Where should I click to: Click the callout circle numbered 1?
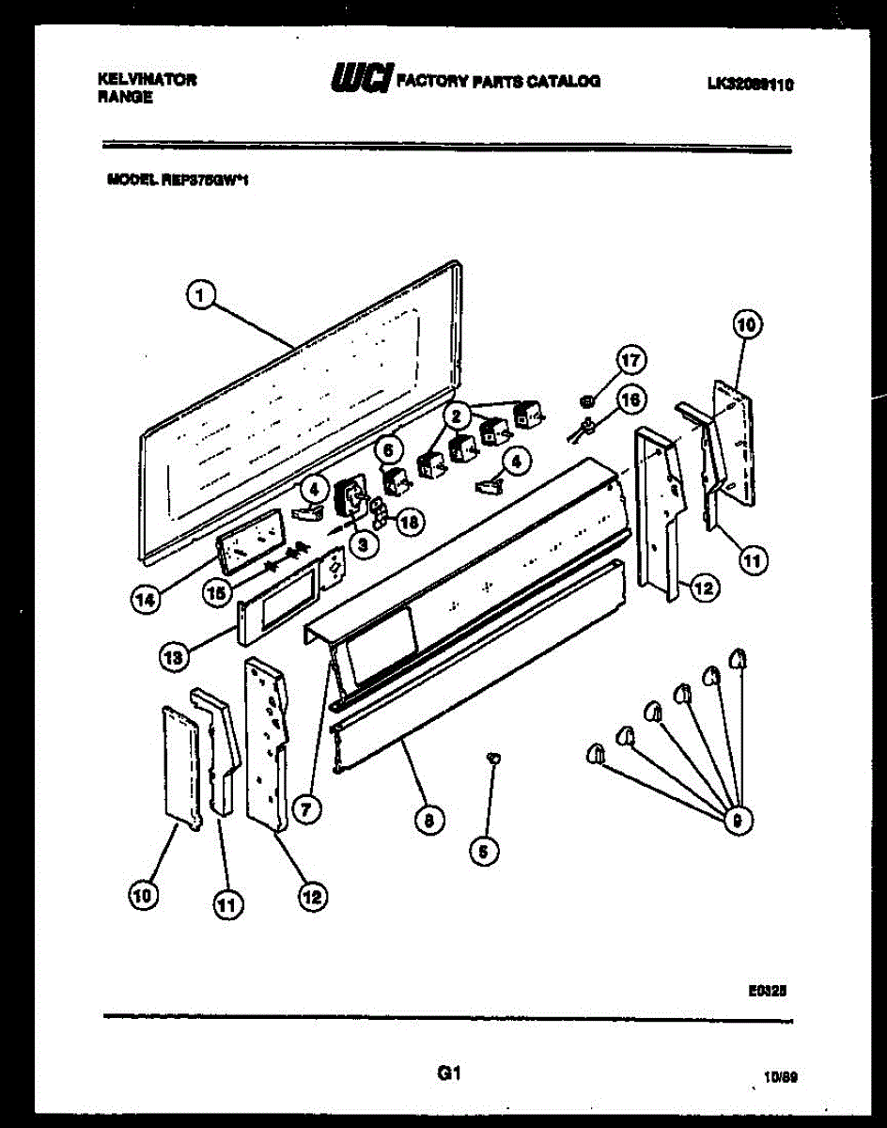tap(198, 294)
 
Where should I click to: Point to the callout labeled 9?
tap(738, 821)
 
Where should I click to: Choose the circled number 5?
tap(484, 852)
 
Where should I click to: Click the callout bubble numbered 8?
tap(428, 821)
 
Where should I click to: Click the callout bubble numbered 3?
tap(364, 541)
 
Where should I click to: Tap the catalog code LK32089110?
tap(751, 84)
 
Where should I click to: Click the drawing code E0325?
tap(769, 990)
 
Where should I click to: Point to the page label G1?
tap(447, 1072)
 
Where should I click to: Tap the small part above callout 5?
tap(492, 755)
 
